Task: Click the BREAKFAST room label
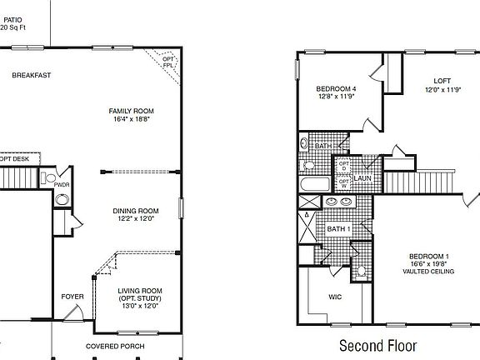[32, 76]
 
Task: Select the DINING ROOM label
[136, 211]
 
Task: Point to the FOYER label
[72, 296]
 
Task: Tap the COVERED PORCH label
[115, 346]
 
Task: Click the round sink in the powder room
[62, 200]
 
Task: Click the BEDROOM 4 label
[336, 89]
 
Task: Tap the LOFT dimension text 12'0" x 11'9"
[442, 90]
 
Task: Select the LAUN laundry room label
[362, 178]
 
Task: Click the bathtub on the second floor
[316, 185]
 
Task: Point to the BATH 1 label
[337, 228]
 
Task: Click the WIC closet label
[335, 296]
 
